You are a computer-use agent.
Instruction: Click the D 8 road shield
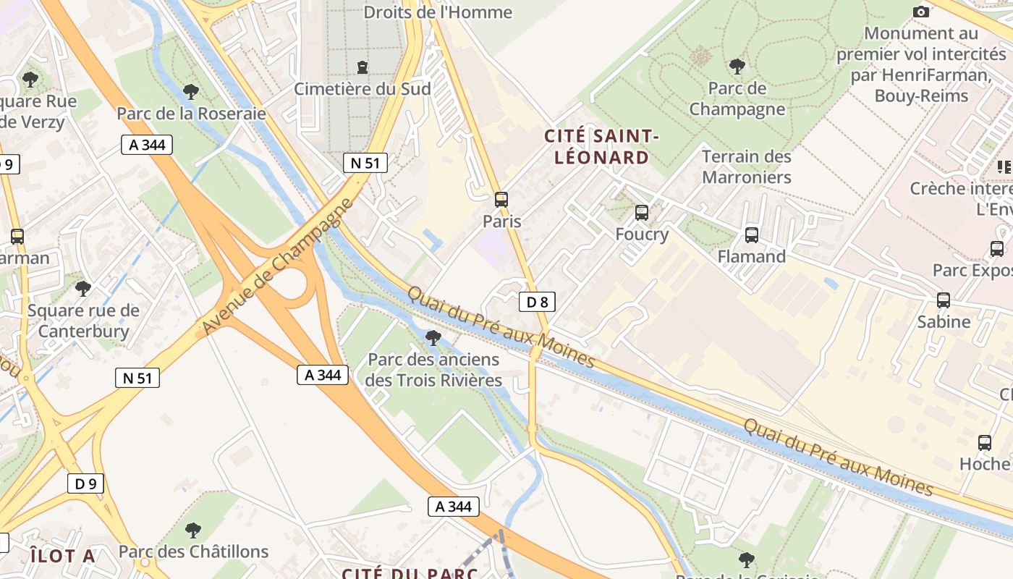[537, 302]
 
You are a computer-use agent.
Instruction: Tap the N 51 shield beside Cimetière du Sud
[365, 163]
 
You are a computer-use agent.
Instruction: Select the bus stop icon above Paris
[501, 200]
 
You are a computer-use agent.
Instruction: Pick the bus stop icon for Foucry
[641, 213]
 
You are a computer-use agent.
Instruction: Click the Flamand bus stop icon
[751, 235]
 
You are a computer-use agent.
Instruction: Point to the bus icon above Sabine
[943, 300]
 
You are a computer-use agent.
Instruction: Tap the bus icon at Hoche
[984, 443]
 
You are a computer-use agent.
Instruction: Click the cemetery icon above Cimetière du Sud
[362, 67]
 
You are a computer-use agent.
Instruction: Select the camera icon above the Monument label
[920, 12]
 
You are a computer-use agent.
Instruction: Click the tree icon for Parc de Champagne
[737, 67]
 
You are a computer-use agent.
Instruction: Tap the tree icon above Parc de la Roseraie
[191, 92]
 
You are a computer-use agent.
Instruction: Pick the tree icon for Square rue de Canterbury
[83, 289]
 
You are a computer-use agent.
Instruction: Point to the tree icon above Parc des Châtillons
[192, 531]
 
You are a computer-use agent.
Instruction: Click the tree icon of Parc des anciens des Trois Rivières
[433, 337]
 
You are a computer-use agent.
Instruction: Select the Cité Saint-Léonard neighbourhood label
[601, 147]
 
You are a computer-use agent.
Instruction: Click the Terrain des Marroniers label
[747, 167]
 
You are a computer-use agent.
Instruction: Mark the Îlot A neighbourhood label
[63, 556]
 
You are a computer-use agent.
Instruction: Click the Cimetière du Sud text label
[362, 89]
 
